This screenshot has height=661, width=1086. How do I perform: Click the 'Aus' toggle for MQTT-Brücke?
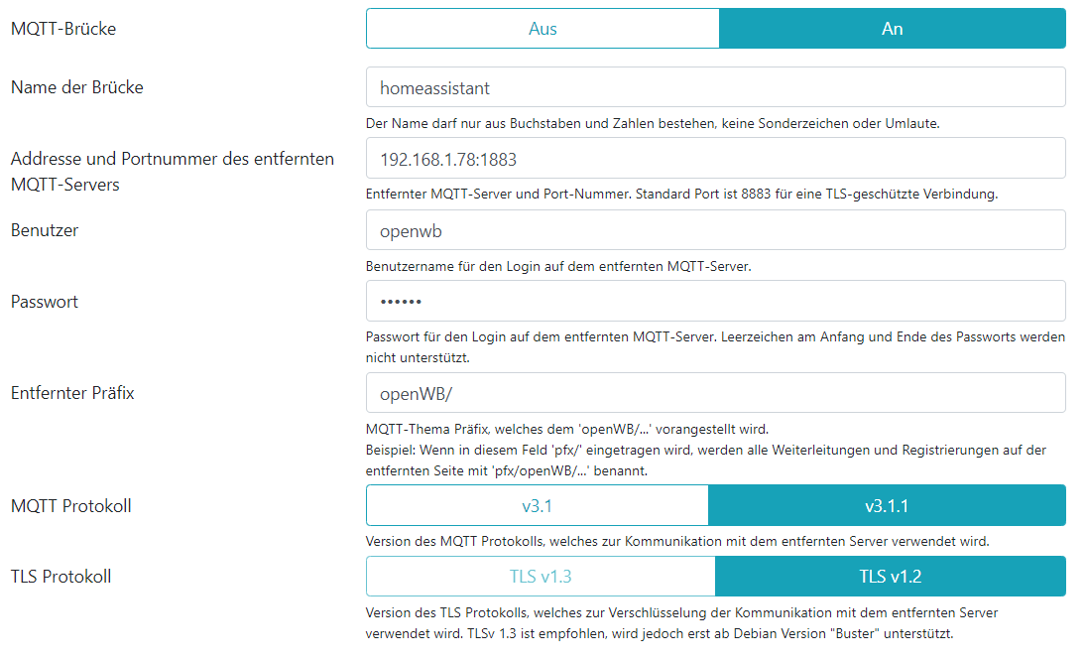[x=543, y=29]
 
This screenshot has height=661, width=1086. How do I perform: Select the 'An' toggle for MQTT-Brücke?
[x=892, y=29]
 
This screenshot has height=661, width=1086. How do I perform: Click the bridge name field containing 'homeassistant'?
[x=715, y=87]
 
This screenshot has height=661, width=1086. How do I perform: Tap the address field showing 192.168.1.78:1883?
[x=715, y=159]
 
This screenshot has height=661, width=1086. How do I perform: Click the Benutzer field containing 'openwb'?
[x=715, y=230]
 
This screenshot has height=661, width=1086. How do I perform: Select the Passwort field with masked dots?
[x=715, y=301]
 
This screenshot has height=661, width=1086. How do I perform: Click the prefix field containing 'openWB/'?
[x=715, y=393]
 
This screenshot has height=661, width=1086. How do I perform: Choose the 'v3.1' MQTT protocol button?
[x=537, y=506]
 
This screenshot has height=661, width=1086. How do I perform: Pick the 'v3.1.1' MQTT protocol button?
[x=887, y=506]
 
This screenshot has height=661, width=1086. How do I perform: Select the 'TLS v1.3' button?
[x=541, y=577]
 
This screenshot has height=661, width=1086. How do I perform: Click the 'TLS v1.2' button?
[x=890, y=577]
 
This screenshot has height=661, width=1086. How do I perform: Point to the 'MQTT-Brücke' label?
[x=63, y=30]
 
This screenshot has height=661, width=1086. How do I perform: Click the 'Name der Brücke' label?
[x=77, y=87]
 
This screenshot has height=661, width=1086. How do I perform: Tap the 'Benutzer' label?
[x=45, y=230]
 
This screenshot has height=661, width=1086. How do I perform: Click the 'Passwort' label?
[x=45, y=302]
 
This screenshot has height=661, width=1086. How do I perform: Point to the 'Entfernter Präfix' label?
[x=72, y=393]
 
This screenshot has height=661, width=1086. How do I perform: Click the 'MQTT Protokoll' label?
[x=71, y=506]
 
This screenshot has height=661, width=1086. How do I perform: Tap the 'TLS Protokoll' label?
[x=61, y=577]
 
